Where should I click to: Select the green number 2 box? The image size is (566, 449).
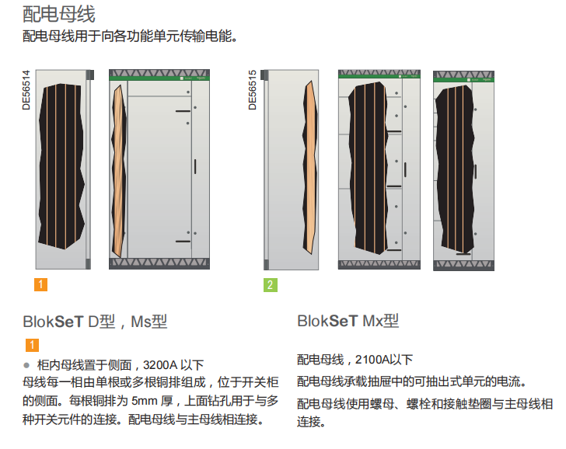click(x=269, y=284)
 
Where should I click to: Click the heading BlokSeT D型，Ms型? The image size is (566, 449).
click(x=96, y=322)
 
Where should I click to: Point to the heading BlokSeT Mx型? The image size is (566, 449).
click(x=348, y=322)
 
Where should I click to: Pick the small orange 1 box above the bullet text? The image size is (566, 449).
click(x=33, y=345)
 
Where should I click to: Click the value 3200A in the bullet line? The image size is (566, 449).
click(x=160, y=364)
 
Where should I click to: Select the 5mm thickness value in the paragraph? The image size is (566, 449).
click(x=145, y=402)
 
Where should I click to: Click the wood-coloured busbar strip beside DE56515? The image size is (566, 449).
click(x=309, y=167)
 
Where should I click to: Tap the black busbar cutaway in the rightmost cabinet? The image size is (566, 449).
click(x=456, y=167)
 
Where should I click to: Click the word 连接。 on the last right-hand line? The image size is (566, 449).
click(x=311, y=423)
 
